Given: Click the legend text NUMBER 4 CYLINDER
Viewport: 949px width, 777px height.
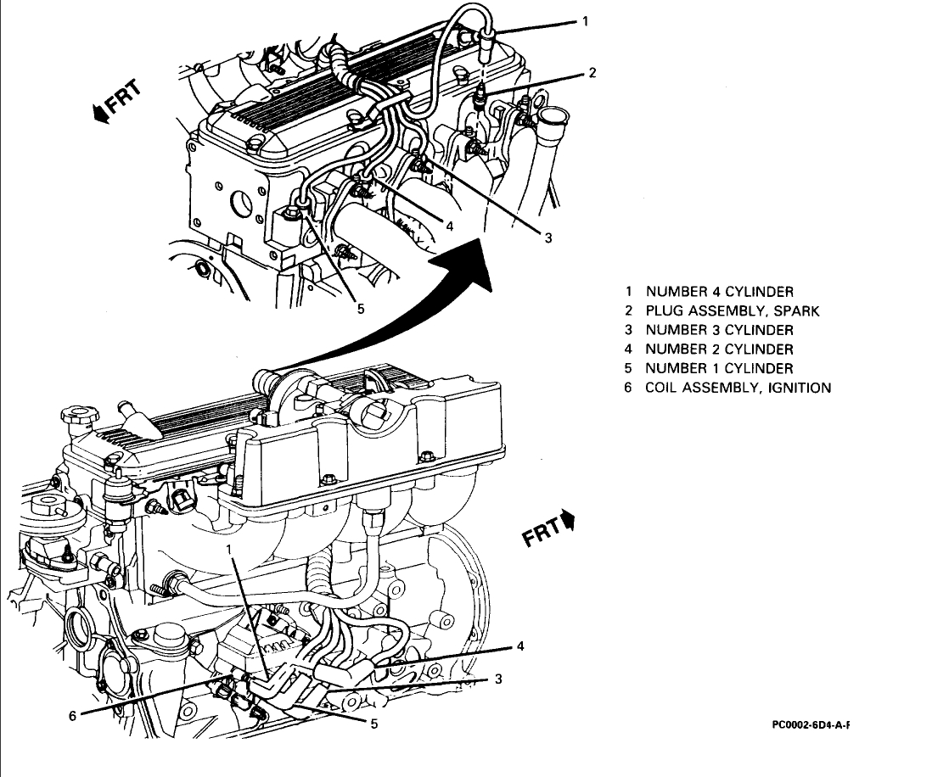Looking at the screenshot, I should pos(719,292).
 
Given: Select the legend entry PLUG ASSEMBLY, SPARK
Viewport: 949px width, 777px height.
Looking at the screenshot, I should pos(732,310).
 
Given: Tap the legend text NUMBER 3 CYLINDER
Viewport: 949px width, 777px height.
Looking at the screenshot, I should pos(719,330).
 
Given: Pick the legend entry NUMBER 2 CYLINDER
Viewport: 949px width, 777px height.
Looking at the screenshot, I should pos(719,349).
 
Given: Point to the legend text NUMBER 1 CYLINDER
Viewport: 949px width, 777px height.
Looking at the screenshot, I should pos(719,368).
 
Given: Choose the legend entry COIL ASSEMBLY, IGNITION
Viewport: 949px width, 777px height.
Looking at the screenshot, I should pos(738,388).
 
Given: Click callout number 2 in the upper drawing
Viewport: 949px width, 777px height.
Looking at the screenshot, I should pos(592,73).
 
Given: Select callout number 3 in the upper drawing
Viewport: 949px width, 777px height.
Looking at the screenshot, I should pos(548,238).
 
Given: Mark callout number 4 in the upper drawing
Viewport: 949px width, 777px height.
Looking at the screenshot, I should pos(450,226).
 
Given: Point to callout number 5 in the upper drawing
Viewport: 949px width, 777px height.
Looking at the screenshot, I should pos(361,309).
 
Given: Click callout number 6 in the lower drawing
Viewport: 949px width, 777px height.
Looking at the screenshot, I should pos(73,715).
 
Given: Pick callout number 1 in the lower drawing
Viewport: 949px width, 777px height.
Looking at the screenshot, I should pos(228,551).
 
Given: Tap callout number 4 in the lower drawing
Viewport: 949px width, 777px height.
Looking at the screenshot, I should pos(520,646).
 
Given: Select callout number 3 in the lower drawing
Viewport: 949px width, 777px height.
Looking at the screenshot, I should pos(499,679).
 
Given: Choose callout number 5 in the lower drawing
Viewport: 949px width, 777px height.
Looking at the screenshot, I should pos(373,724).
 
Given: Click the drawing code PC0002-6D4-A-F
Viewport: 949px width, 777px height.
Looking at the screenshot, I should pos(811,725).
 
